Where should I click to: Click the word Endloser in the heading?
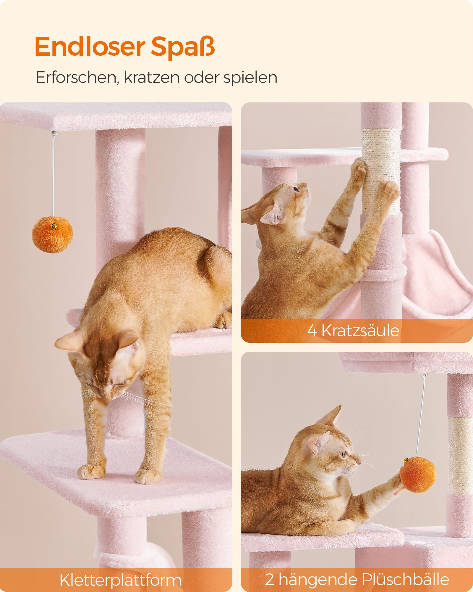90,47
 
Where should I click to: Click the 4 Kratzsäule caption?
353,330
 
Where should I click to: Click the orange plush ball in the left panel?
52,234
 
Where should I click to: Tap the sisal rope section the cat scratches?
381,172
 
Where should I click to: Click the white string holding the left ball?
54,175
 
